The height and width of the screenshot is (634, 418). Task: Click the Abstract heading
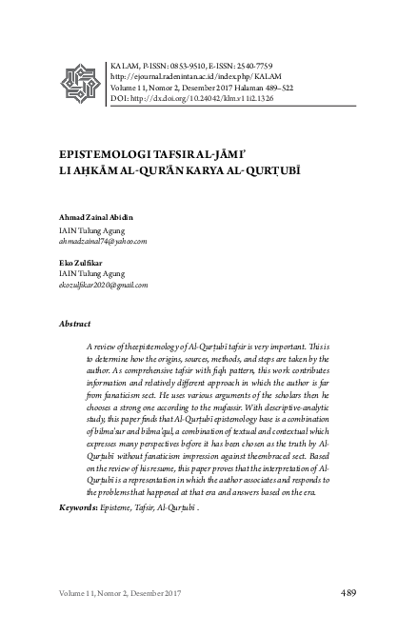click(x=75, y=324)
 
